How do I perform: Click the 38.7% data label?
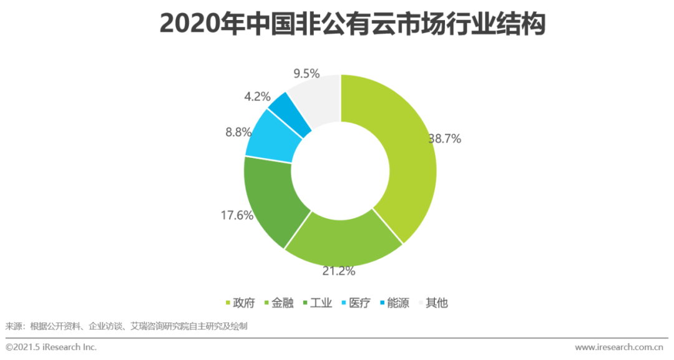tap(444, 139)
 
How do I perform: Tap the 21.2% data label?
tap(339, 271)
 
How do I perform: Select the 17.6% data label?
tap(237, 215)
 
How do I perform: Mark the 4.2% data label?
tap(257, 97)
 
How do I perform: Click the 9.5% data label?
tap(306, 74)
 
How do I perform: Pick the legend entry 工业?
tap(320, 303)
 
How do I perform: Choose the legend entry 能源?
tap(398, 303)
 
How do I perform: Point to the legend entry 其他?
tap(436, 303)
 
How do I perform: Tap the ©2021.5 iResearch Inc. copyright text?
tap(51, 347)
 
